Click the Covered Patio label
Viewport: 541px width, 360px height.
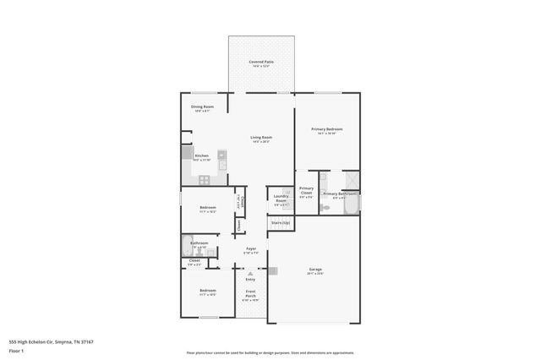click(x=261, y=63)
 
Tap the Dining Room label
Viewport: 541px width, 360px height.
click(x=202, y=108)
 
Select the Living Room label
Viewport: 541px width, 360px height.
click(x=260, y=139)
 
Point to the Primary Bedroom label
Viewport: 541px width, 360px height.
click(x=326, y=131)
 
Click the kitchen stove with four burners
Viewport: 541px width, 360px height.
click(x=203, y=179)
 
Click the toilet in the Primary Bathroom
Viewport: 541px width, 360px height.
click(x=324, y=207)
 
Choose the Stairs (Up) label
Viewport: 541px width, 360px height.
click(x=280, y=222)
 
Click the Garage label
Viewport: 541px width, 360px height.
click(x=315, y=271)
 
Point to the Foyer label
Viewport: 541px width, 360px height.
click(x=250, y=250)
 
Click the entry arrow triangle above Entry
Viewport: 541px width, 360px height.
click(x=250, y=271)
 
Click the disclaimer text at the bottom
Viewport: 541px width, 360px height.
click(x=270, y=353)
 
